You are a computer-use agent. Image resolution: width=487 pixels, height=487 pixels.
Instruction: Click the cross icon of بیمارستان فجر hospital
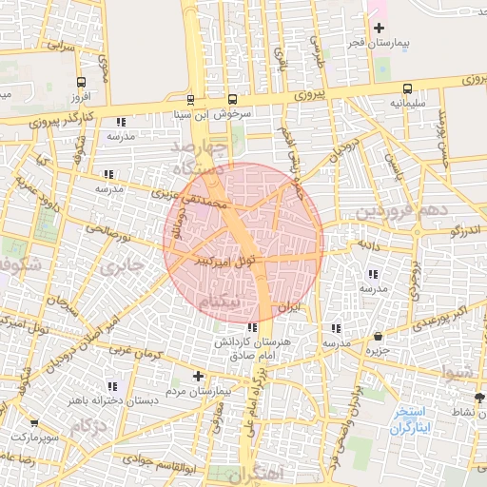[x=380, y=29]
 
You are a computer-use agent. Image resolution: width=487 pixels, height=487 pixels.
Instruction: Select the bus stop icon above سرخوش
[x=233, y=99]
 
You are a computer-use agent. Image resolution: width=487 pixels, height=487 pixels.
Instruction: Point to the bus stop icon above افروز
[x=81, y=83]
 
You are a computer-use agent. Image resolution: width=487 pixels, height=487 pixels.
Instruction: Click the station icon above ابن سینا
[x=190, y=99]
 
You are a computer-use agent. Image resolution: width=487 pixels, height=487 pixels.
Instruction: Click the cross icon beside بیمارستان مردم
[x=198, y=376]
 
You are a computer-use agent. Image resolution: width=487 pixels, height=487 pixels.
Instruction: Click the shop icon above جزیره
[x=379, y=336]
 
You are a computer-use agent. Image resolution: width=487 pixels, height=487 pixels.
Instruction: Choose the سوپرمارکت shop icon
[x=35, y=422]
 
